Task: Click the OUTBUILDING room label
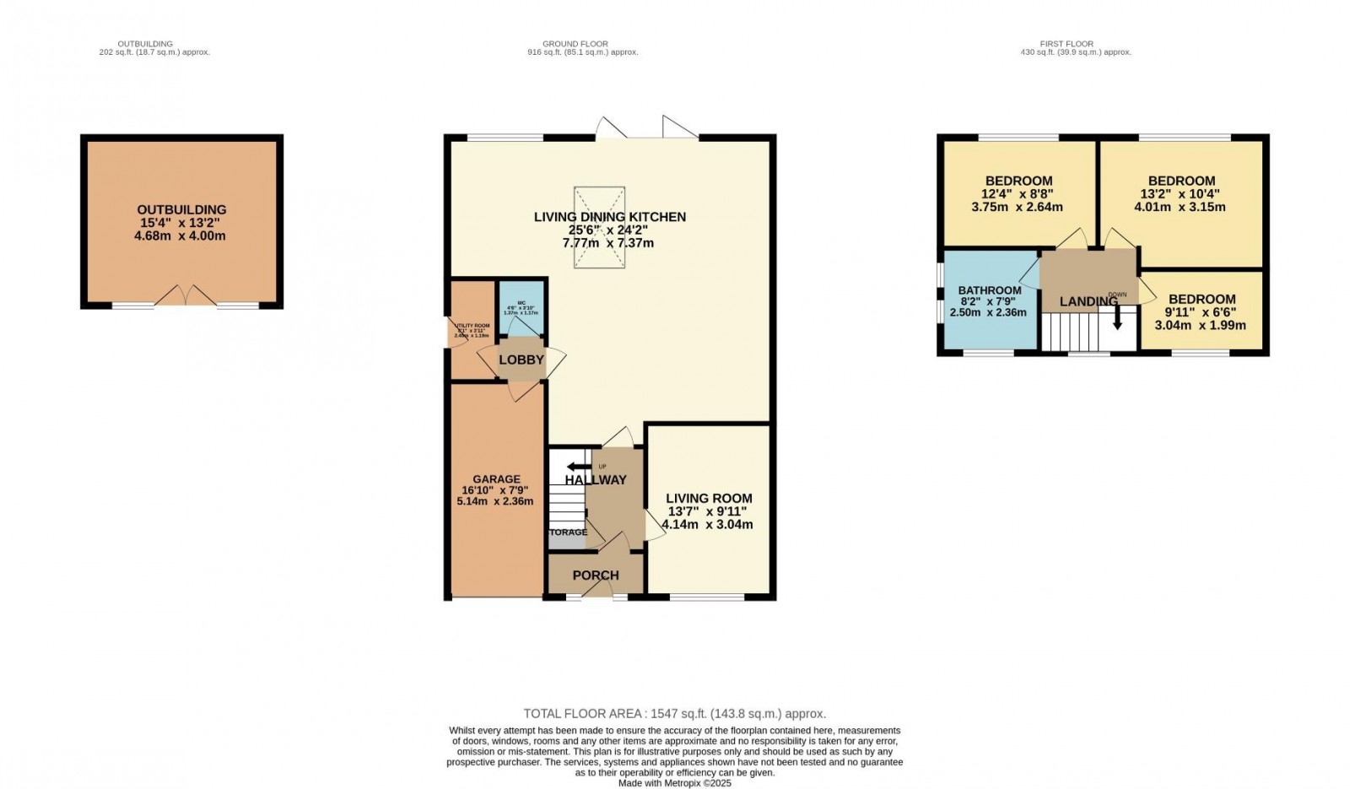click(x=181, y=210)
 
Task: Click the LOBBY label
click(x=521, y=360)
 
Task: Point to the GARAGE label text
click(x=496, y=479)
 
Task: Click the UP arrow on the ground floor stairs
click(x=579, y=467)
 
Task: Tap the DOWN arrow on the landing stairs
click(x=1117, y=319)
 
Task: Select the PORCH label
click(x=596, y=576)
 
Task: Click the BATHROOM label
click(x=990, y=291)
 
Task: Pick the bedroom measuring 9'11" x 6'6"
click(x=1201, y=311)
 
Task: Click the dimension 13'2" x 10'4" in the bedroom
click(x=1181, y=193)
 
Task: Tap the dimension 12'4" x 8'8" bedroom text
click(x=1018, y=193)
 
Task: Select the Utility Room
click(x=471, y=330)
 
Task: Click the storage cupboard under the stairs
click(x=568, y=533)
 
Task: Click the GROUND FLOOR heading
click(x=575, y=44)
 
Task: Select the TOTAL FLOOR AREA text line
click(x=674, y=714)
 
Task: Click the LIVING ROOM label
click(x=709, y=499)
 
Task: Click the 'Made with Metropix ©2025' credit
click(x=674, y=783)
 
